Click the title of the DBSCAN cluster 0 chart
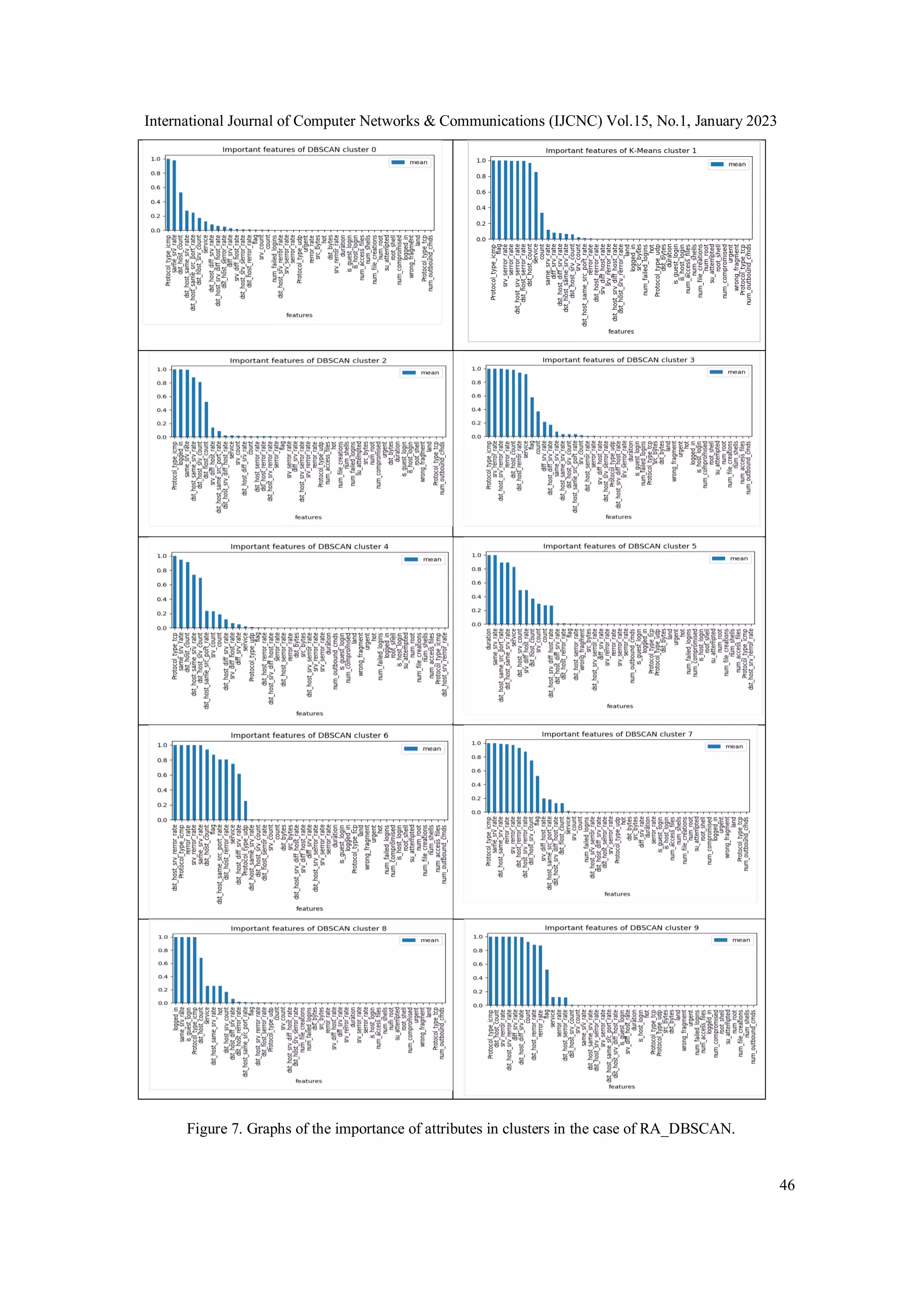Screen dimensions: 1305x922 (299, 150)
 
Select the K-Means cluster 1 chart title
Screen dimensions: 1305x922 (620, 150)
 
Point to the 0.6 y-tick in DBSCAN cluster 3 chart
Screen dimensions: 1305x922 (476, 396)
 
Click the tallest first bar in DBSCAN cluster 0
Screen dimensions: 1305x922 (168, 195)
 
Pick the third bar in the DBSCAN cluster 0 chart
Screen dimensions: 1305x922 (181, 211)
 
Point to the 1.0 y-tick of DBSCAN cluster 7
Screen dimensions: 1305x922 (476, 743)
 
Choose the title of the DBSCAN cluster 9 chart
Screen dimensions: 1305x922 (621, 928)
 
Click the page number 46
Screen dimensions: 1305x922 (787, 1185)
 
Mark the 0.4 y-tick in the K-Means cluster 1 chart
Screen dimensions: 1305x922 (481, 208)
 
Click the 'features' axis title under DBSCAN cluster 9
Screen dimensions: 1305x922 (621, 1086)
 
